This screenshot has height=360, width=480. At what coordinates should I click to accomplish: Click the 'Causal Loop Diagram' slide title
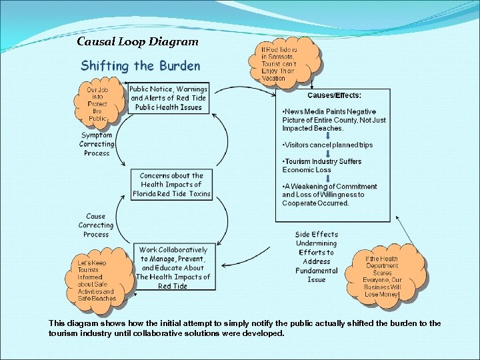[137, 41]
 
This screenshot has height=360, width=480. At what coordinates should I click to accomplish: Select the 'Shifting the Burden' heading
[140, 65]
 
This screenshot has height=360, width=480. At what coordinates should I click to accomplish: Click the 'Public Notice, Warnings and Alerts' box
[168, 98]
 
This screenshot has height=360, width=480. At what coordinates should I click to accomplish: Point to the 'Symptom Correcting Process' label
[97, 144]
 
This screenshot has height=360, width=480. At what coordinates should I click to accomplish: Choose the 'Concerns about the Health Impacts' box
[171, 185]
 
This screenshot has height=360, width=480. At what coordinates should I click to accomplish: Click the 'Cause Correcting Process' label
[96, 225]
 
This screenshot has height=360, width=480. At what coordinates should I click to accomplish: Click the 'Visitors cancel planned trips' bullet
[328, 145]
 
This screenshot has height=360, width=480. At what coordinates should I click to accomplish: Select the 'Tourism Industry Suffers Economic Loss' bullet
[323, 165]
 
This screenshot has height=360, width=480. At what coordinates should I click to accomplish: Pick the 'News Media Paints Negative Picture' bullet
[333, 120]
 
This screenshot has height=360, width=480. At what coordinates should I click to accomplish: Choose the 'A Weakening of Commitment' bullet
[329, 195]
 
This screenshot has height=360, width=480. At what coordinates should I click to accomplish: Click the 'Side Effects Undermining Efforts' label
[317, 257]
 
